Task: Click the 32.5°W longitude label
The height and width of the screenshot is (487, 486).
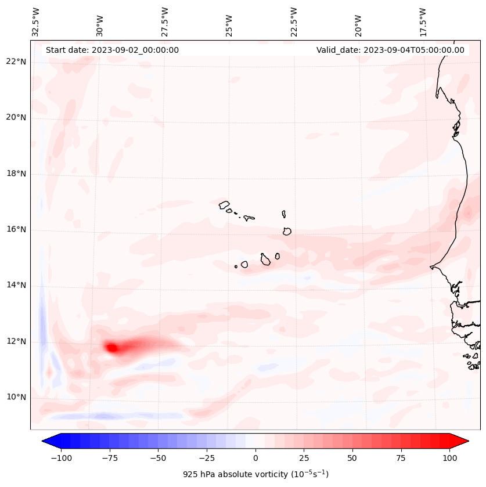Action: pyautogui.click(x=36, y=22)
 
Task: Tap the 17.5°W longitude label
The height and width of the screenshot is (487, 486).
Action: pyautogui.click(x=423, y=22)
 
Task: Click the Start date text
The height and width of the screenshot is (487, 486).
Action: pyautogui.click(x=112, y=50)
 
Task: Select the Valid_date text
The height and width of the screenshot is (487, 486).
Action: pyautogui.click(x=390, y=50)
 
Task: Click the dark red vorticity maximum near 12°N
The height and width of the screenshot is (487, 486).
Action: pyautogui.click(x=111, y=348)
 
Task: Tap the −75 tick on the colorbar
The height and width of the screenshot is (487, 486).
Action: pyautogui.click(x=93, y=458)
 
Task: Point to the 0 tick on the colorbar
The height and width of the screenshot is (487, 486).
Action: pyautogui.click(x=255, y=458)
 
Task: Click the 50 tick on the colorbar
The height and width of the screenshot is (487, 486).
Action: pyautogui.click(x=352, y=458)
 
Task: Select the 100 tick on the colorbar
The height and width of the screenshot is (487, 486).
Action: pyautogui.click(x=449, y=458)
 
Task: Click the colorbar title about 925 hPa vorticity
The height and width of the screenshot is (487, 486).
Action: pyautogui.click(x=255, y=475)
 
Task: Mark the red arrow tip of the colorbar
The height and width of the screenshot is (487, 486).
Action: pyautogui.click(x=467, y=441)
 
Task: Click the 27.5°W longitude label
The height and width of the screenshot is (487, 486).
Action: pyautogui.click(x=165, y=22)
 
